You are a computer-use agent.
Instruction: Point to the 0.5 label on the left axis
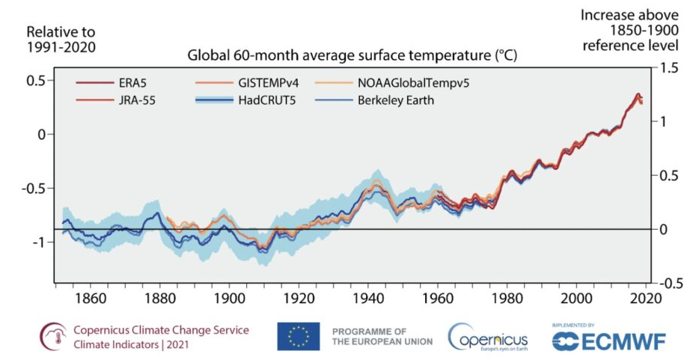click(x=35, y=80)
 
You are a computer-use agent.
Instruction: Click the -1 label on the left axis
click(x=37, y=242)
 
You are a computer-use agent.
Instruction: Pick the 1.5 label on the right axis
click(x=668, y=68)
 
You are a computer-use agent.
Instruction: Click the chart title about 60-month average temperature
click(x=352, y=55)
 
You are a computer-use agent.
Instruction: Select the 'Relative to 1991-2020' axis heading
click(x=61, y=40)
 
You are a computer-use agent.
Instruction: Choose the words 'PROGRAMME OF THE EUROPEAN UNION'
click(x=382, y=336)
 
